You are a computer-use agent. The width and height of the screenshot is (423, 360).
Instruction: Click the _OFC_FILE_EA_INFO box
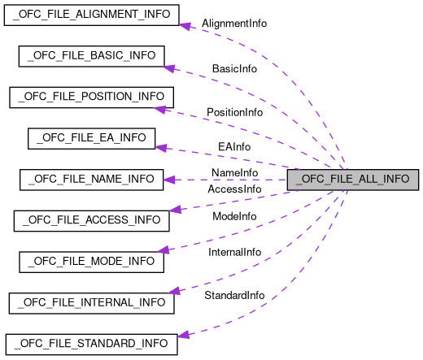coord(91,138)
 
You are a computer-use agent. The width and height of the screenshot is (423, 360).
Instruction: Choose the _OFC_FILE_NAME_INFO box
coord(91,180)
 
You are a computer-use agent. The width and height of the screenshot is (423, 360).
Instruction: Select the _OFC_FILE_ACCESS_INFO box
coord(91,220)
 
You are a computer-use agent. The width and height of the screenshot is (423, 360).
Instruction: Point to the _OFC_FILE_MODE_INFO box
coord(91,262)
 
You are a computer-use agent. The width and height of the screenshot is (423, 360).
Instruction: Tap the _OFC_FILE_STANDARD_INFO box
coord(91,344)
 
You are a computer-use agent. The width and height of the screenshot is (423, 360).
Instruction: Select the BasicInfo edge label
coord(234,69)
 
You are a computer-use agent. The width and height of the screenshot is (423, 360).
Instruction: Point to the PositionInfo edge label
coord(234,111)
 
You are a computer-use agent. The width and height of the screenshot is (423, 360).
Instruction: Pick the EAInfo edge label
coord(234,147)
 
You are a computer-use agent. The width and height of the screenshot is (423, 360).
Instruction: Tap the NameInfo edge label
coord(234,173)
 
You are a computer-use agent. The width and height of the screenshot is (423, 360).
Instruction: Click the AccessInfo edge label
coord(234,189)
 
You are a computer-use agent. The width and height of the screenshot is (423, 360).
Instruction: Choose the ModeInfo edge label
coord(234,216)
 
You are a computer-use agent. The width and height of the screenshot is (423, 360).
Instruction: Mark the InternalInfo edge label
coord(234,252)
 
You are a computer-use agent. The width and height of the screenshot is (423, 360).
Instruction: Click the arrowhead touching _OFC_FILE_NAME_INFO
coord(169,180)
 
